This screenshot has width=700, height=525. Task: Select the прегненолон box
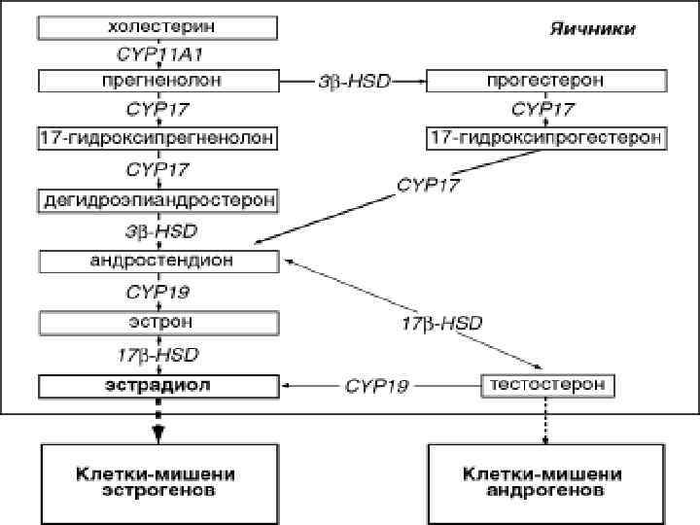point(156,79)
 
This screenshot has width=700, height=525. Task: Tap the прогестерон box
point(546,79)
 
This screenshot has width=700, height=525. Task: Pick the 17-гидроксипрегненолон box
point(156,139)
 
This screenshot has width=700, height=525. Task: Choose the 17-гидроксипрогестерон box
point(546,139)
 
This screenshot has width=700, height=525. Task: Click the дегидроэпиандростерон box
point(156,200)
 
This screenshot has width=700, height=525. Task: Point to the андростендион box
point(160,261)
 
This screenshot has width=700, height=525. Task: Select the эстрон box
point(156,321)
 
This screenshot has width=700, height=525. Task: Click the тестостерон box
point(546,385)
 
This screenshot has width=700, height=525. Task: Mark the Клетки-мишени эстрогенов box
point(156,482)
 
